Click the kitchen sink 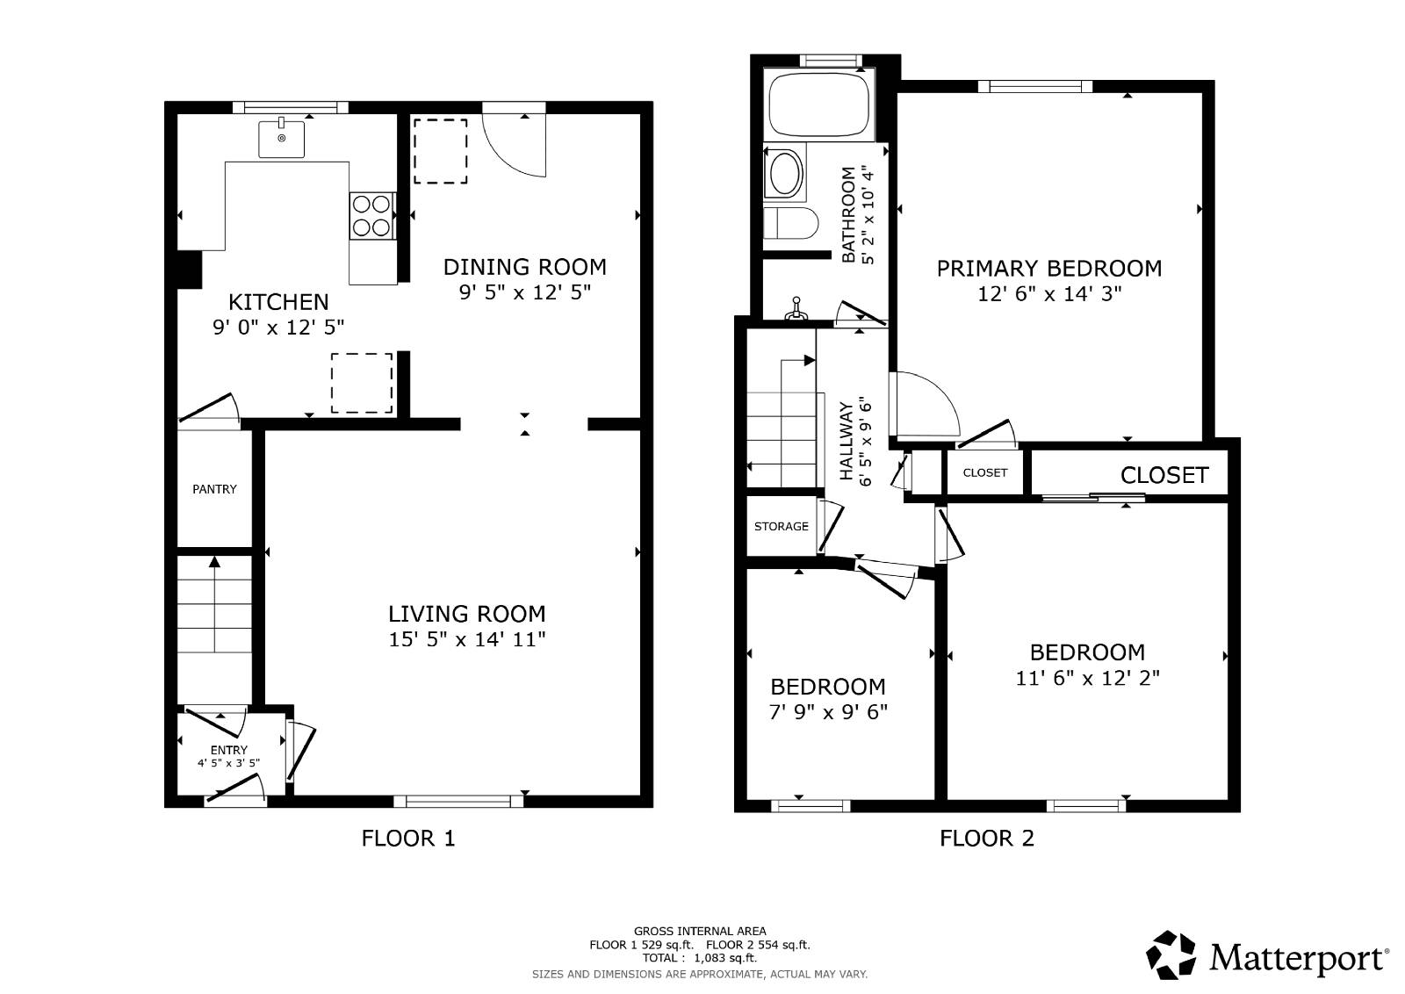tap(281, 139)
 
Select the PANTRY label tap(214, 489)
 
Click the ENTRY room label tap(228, 750)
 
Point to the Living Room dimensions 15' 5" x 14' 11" tap(467, 639)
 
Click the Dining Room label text tap(524, 267)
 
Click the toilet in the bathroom tap(789, 223)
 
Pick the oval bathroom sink tap(784, 173)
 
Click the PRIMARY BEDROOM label tap(1048, 269)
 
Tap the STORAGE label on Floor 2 tap(781, 526)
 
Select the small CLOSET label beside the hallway tap(984, 472)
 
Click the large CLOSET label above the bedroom tap(1164, 475)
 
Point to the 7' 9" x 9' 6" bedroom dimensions tap(828, 712)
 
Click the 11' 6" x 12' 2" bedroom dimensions tap(1087, 678)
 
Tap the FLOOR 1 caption tap(408, 839)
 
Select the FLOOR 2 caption tap(987, 839)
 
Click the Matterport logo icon tap(1171, 954)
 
